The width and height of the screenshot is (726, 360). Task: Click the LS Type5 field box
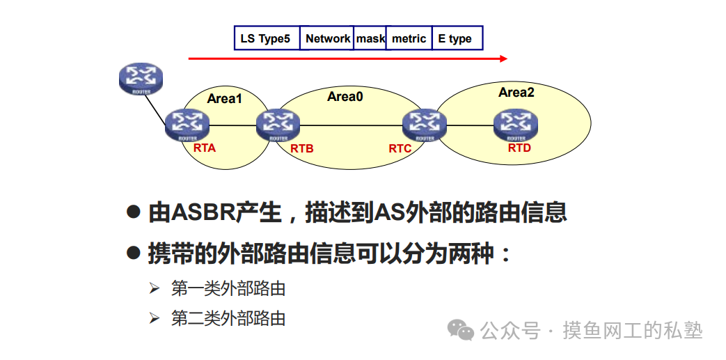tap(267, 38)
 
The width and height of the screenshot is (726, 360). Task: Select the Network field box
tap(327, 38)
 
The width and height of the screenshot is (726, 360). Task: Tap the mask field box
tap(370, 38)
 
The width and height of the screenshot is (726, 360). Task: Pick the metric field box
tap(409, 38)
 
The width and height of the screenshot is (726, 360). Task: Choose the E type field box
tap(457, 38)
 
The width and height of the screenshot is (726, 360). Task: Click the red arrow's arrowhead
tap(504, 58)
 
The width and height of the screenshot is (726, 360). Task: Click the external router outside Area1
tap(141, 79)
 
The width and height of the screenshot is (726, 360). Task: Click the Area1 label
tap(224, 99)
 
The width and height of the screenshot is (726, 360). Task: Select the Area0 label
tap(345, 97)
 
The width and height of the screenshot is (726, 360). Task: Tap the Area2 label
tap(516, 93)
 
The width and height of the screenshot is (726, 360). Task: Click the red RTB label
tap(302, 148)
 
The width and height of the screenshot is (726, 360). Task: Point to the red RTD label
tap(519, 148)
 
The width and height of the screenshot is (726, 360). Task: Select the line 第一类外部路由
tap(228, 288)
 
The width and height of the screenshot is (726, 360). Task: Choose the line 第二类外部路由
tap(228, 319)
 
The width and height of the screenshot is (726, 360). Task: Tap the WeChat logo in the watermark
tap(461, 330)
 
